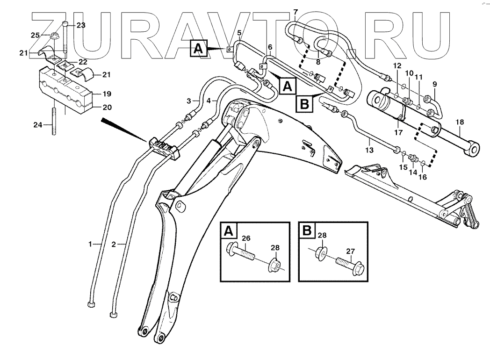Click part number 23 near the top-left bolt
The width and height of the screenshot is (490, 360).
click(81, 26)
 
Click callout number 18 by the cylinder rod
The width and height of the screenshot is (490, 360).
click(460, 122)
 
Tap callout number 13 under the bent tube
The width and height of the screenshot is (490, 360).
click(369, 150)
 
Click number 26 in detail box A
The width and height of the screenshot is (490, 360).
click(246, 238)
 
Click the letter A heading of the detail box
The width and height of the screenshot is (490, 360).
click(229, 230)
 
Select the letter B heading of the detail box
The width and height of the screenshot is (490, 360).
click(306, 230)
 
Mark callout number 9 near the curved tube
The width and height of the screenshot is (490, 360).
click(434, 84)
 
